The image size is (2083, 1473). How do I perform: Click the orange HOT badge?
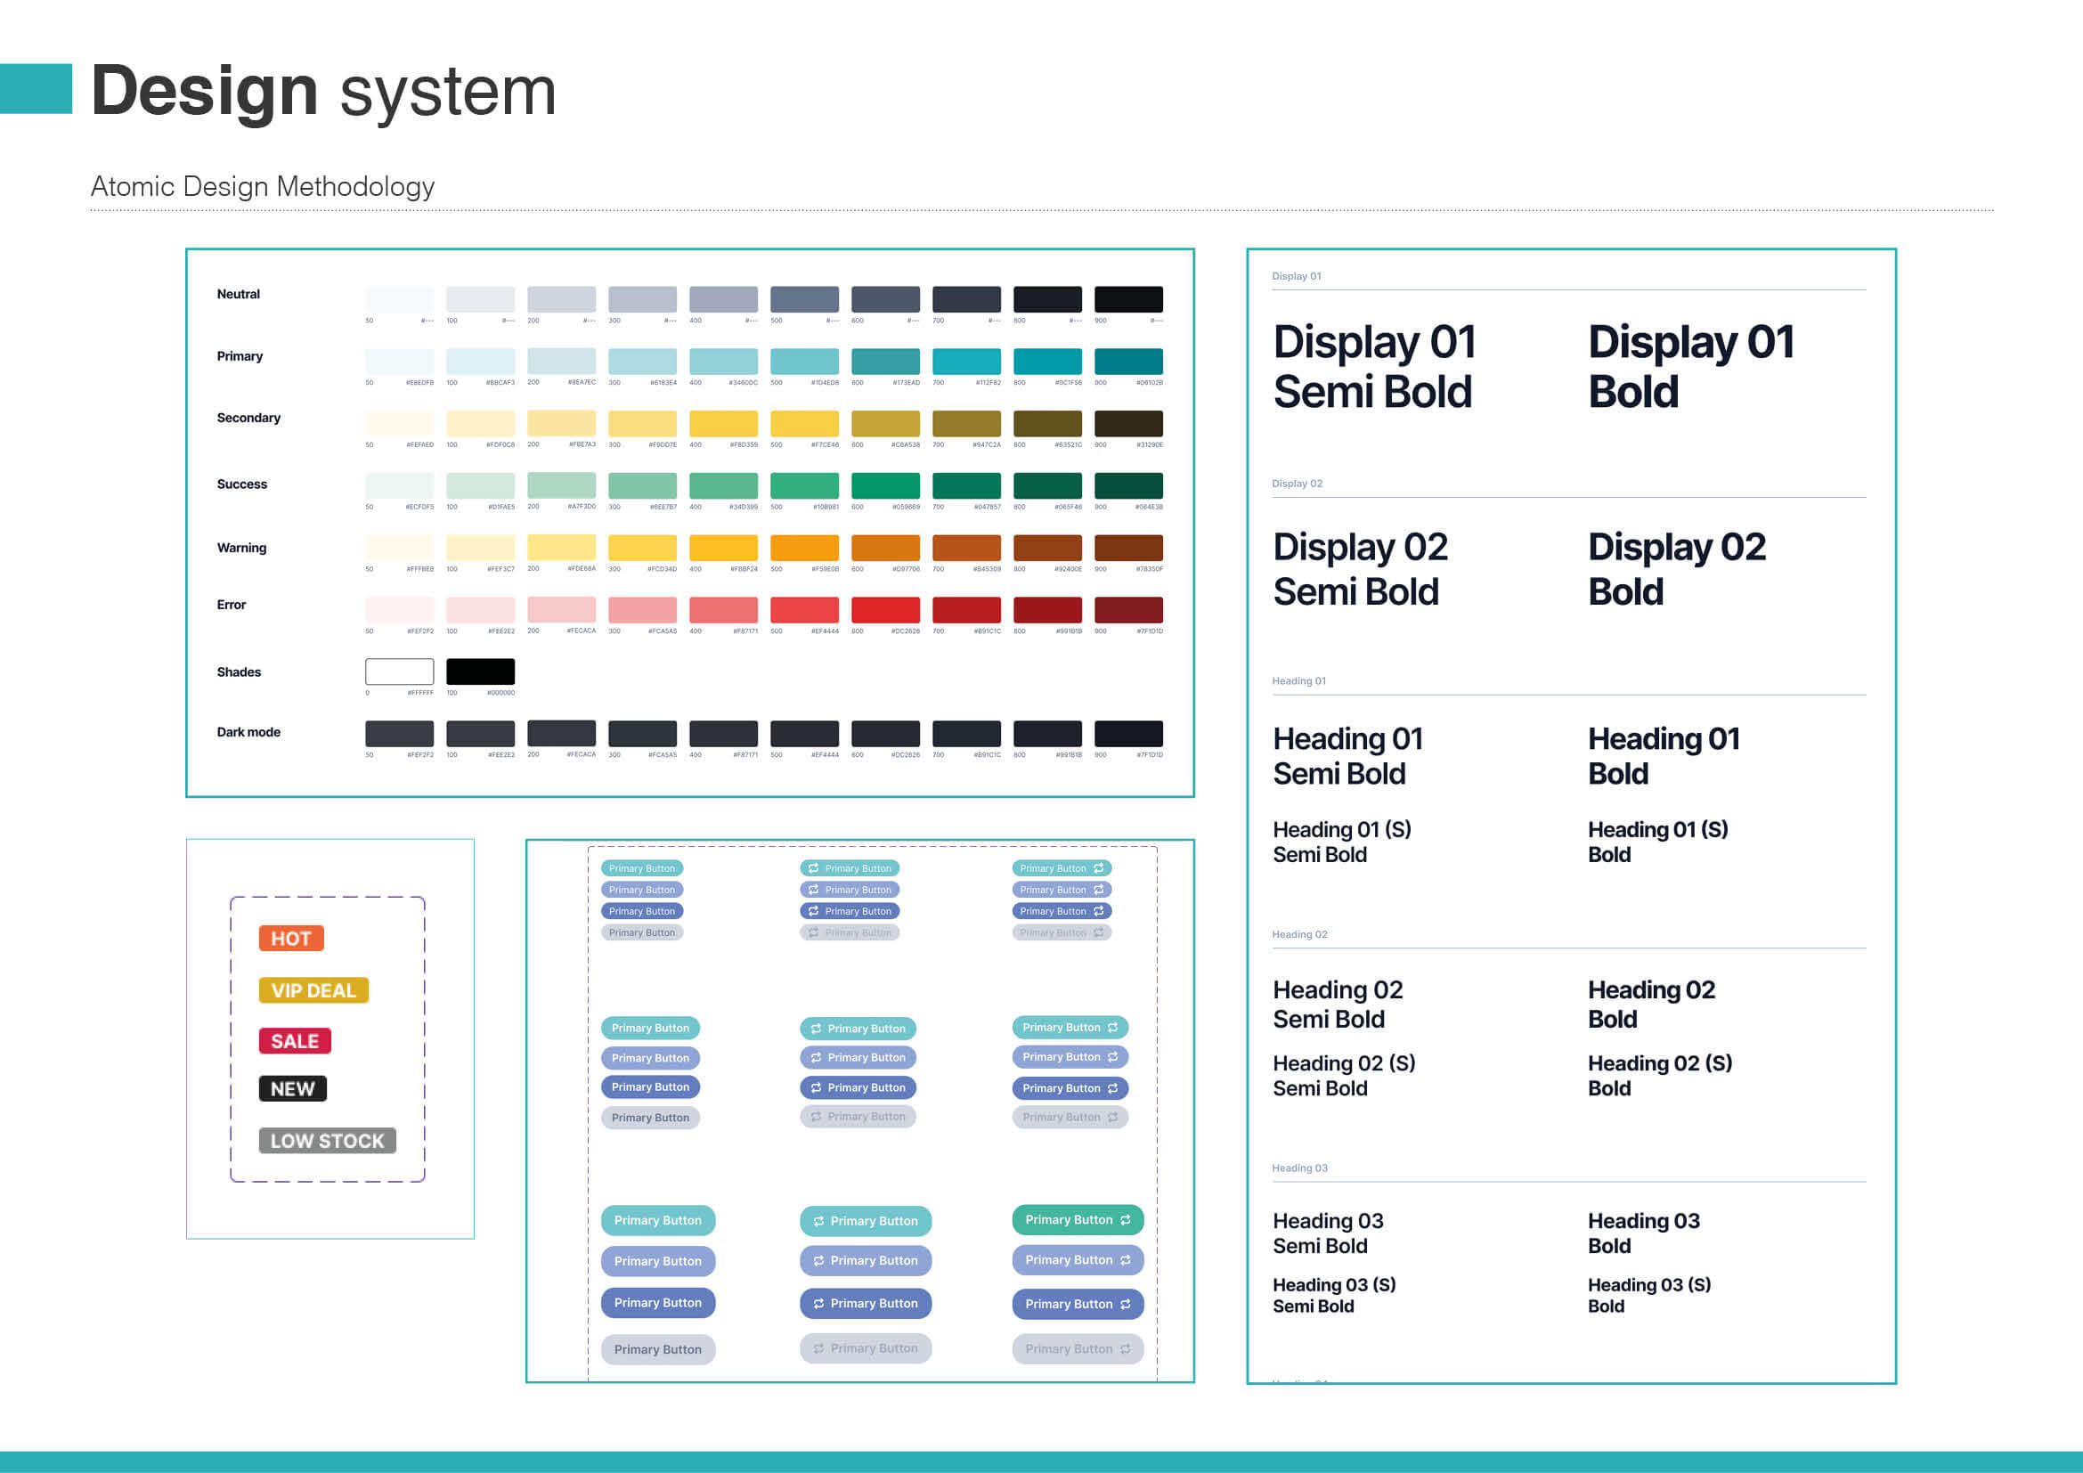click(290, 938)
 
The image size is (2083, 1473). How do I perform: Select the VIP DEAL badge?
click(313, 989)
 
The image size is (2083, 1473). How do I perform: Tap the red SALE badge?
click(295, 1040)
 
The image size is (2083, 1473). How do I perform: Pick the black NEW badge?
click(292, 1088)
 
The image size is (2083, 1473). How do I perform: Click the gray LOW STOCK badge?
click(327, 1140)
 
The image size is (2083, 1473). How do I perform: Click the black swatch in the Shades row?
click(480, 671)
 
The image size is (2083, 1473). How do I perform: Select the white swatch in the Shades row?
click(399, 671)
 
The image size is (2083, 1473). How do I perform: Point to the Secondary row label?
click(248, 417)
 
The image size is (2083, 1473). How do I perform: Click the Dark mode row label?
click(248, 732)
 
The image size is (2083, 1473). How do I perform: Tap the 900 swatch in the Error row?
click(1127, 609)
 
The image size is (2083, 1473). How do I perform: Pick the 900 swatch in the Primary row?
click(1127, 361)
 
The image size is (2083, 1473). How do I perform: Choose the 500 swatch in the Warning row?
click(804, 548)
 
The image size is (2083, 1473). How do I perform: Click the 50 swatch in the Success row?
click(399, 485)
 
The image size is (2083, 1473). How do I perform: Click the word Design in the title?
click(204, 91)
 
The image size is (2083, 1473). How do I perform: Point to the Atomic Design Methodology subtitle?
click(262, 186)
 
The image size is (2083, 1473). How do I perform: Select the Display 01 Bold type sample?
click(1690, 366)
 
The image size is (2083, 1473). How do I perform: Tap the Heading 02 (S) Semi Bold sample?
click(1343, 1075)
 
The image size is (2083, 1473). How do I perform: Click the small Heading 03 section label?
click(1299, 1168)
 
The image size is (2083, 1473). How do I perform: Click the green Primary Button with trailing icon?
click(1077, 1219)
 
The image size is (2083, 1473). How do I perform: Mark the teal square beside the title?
click(37, 89)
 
